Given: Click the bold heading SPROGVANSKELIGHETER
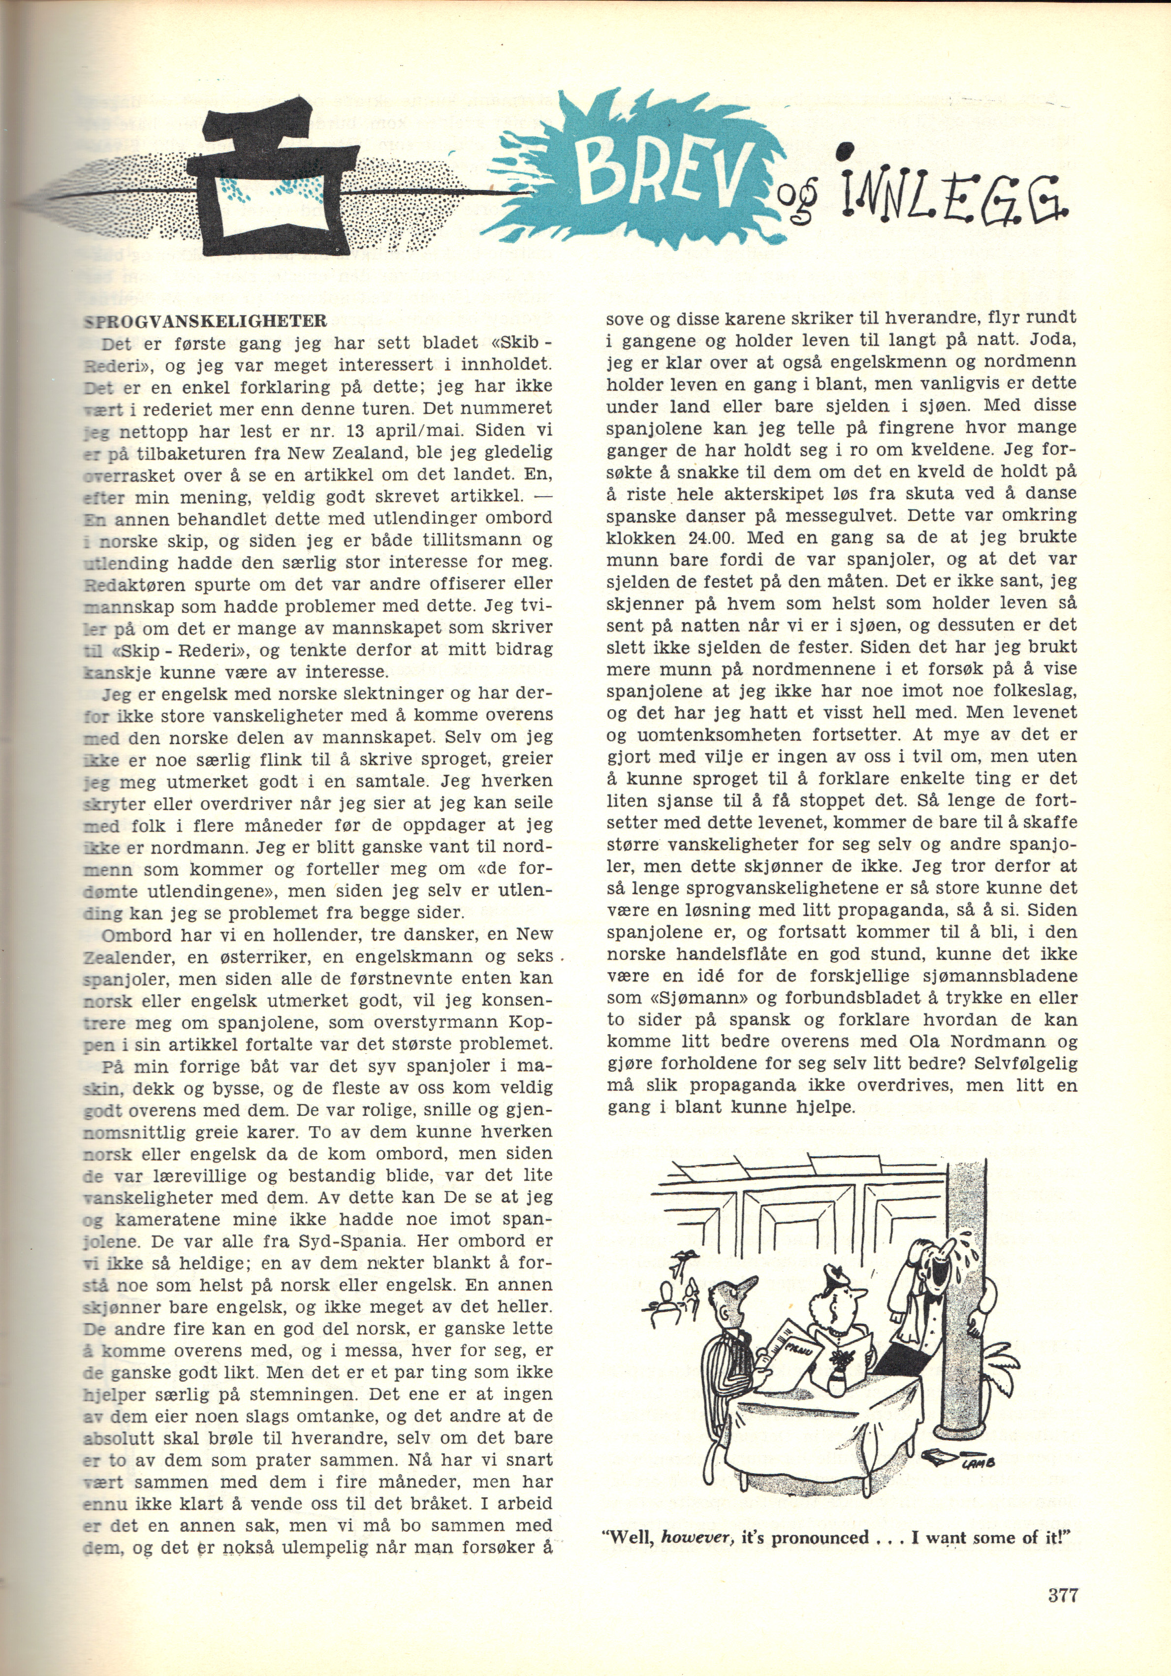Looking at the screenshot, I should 204,322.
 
